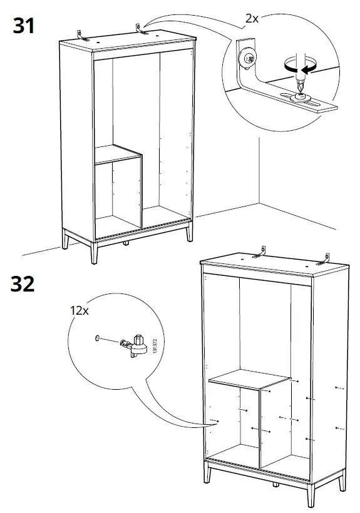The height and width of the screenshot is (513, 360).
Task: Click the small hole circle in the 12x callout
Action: pos(97,338)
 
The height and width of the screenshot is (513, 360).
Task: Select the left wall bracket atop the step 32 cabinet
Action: pos(259,251)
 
